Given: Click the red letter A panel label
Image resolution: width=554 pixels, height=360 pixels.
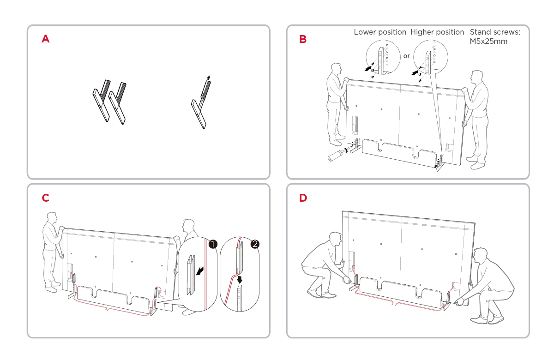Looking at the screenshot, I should (x=45, y=39).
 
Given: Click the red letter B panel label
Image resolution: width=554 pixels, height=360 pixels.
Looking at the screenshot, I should (x=303, y=39).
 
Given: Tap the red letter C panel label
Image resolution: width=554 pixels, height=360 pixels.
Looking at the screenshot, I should (x=45, y=198).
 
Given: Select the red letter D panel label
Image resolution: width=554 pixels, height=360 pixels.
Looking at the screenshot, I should (x=303, y=198).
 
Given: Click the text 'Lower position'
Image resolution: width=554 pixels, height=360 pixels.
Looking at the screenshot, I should (x=380, y=32).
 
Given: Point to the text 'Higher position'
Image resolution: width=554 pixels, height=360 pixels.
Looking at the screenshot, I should (x=437, y=32).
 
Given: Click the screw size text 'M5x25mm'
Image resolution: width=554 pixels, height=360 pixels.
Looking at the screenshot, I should (x=488, y=42).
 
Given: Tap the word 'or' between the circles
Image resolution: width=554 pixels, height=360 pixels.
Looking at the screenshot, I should (x=406, y=56).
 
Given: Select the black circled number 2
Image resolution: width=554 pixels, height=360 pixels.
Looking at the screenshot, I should (x=255, y=244).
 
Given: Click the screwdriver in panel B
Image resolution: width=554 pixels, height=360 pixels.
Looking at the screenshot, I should (x=335, y=155).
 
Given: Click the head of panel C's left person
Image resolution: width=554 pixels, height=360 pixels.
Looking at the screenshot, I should (x=52, y=218).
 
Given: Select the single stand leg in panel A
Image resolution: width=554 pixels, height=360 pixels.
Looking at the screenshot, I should (x=201, y=104).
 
